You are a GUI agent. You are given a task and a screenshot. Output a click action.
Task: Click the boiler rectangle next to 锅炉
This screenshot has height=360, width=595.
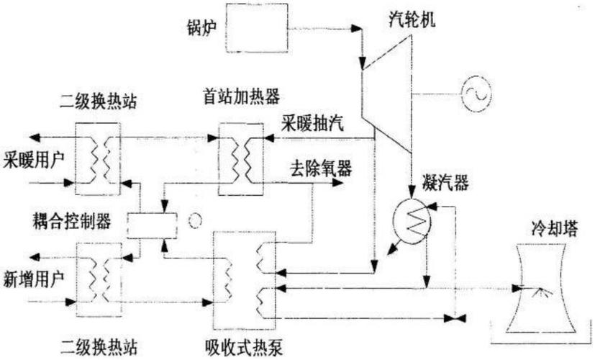click(x=260, y=27)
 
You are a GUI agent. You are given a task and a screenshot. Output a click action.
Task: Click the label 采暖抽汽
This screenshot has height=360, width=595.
click(x=314, y=123)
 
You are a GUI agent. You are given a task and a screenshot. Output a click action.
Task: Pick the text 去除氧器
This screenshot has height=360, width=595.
click(x=320, y=168)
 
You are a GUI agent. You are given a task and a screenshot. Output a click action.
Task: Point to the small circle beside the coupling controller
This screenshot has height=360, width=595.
click(x=193, y=221)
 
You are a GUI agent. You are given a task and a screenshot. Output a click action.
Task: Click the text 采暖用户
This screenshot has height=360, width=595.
click(x=34, y=157)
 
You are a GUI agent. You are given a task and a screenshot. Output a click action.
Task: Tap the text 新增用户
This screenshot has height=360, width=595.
click(x=34, y=278)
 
